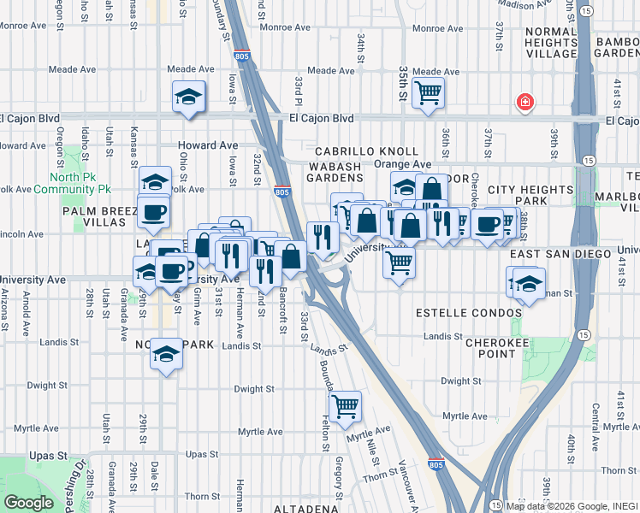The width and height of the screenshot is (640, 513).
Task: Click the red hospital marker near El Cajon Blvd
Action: click(x=524, y=103)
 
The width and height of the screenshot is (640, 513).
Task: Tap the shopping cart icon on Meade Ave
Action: click(x=428, y=92)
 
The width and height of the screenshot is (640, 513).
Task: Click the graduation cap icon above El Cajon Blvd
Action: click(x=188, y=97)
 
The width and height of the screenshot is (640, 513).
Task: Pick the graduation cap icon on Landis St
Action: click(x=167, y=355)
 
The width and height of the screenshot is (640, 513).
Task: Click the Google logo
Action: click(x=28, y=503)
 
